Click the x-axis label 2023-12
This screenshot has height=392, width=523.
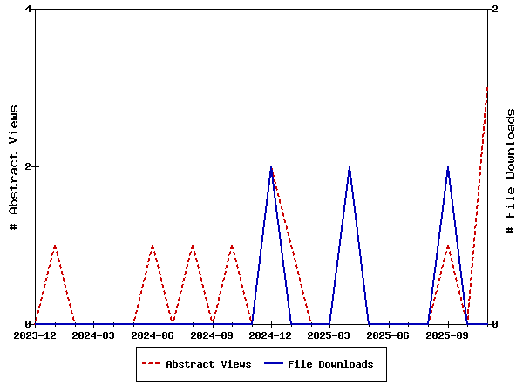(x=35, y=335)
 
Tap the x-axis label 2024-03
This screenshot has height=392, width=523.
(x=93, y=335)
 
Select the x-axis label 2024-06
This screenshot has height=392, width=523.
(x=153, y=335)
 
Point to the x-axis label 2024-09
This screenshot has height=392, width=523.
(x=212, y=335)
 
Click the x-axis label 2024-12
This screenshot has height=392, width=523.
(x=271, y=335)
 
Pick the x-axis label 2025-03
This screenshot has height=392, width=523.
(x=329, y=335)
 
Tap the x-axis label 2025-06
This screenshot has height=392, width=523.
(x=389, y=335)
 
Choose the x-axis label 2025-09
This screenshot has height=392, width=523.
(x=448, y=335)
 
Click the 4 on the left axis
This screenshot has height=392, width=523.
(x=29, y=10)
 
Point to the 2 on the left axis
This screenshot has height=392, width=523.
(x=29, y=166)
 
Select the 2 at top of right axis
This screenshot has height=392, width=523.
(x=495, y=10)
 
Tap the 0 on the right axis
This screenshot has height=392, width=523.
(x=495, y=324)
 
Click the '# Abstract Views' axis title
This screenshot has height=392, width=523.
(x=14, y=166)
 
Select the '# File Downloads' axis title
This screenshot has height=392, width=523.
(x=511, y=166)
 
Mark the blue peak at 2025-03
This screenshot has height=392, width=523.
(x=350, y=167)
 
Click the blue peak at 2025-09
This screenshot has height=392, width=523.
(x=448, y=167)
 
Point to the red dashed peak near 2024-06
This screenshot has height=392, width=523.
(x=153, y=246)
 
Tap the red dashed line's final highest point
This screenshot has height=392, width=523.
(x=487, y=88)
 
